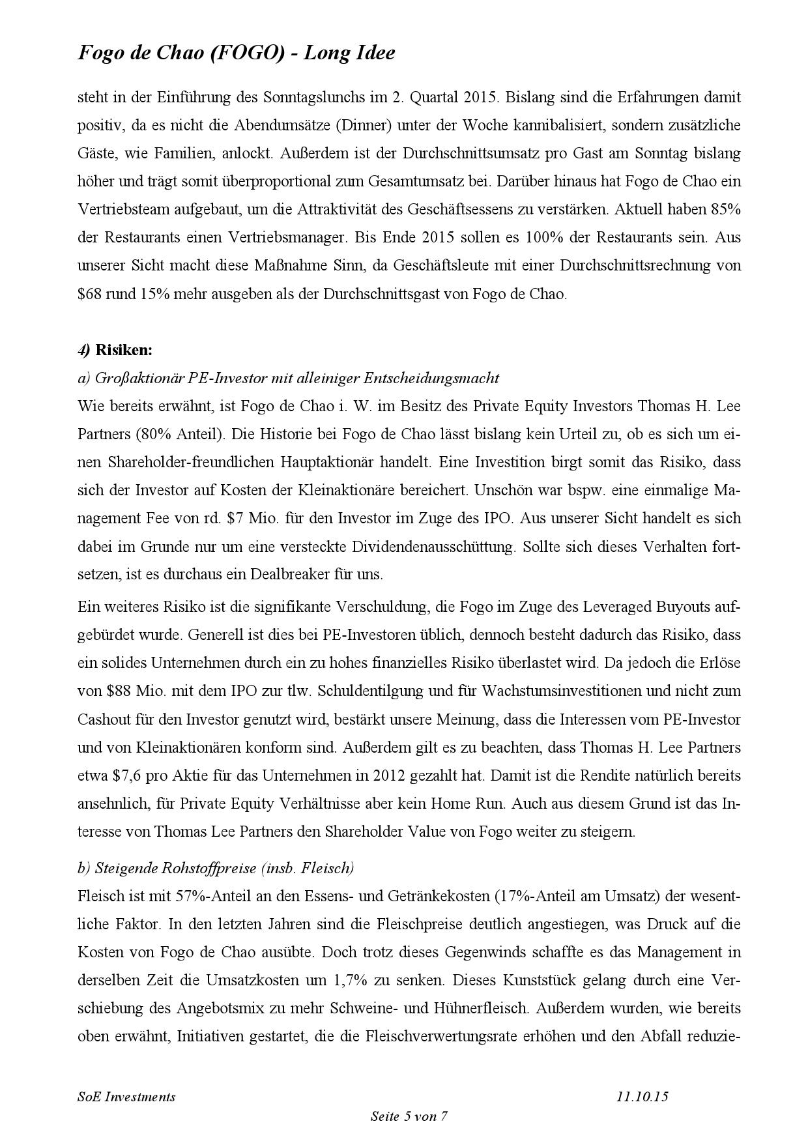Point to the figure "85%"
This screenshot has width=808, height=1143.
click(726, 210)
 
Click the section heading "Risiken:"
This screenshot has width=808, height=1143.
click(124, 350)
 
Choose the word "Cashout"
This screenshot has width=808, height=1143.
click(108, 719)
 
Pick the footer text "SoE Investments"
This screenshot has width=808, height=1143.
click(126, 1097)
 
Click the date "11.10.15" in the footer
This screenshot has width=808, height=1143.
click(642, 1097)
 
